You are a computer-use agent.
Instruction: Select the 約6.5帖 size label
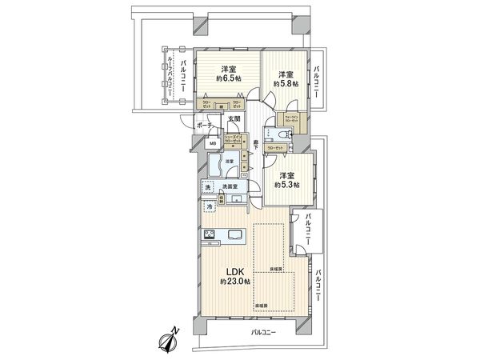coord(230,78)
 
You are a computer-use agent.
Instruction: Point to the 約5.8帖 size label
coord(286,82)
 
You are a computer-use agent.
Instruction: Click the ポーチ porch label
coord(203,126)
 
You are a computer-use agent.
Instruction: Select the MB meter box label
coord(213,143)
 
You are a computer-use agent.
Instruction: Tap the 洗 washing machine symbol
coord(209,189)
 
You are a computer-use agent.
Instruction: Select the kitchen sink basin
coord(238,234)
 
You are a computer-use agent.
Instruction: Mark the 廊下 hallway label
coord(255,143)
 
